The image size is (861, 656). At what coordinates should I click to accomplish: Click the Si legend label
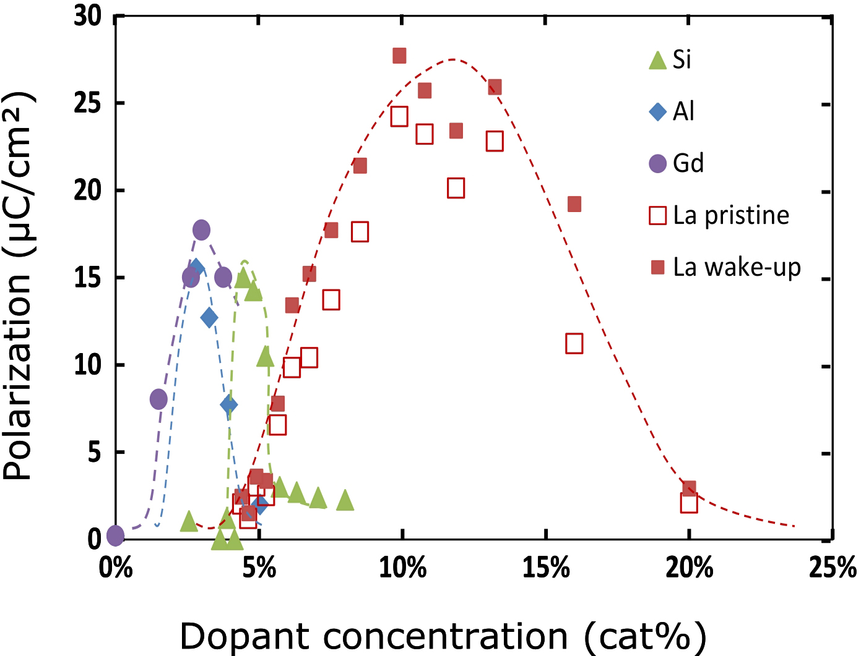click(681, 59)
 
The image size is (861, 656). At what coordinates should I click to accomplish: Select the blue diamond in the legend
click(657, 111)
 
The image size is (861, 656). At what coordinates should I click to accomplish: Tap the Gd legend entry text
click(688, 163)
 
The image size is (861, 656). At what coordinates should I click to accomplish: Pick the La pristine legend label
click(731, 215)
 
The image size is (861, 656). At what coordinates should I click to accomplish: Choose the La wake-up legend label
click(737, 267)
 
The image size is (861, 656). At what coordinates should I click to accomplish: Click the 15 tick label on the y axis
click(87, 278)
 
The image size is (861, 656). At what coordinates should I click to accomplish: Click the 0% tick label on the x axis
click(116, 568)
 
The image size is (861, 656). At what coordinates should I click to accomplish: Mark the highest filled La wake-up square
click(399, 56)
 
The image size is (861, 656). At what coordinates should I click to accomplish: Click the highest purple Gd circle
click(201, 230)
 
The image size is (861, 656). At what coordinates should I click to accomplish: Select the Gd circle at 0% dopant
click(116, 535)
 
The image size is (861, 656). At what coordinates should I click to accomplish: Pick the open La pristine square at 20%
click(689, 503)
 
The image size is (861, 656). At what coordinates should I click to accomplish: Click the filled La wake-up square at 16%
click(574, 204)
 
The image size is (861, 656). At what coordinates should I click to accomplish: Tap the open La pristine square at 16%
click(574, 344)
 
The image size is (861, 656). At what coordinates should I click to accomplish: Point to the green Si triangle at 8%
click(345, 501)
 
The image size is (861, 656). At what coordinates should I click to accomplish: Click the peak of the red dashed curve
click(454, 59)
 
